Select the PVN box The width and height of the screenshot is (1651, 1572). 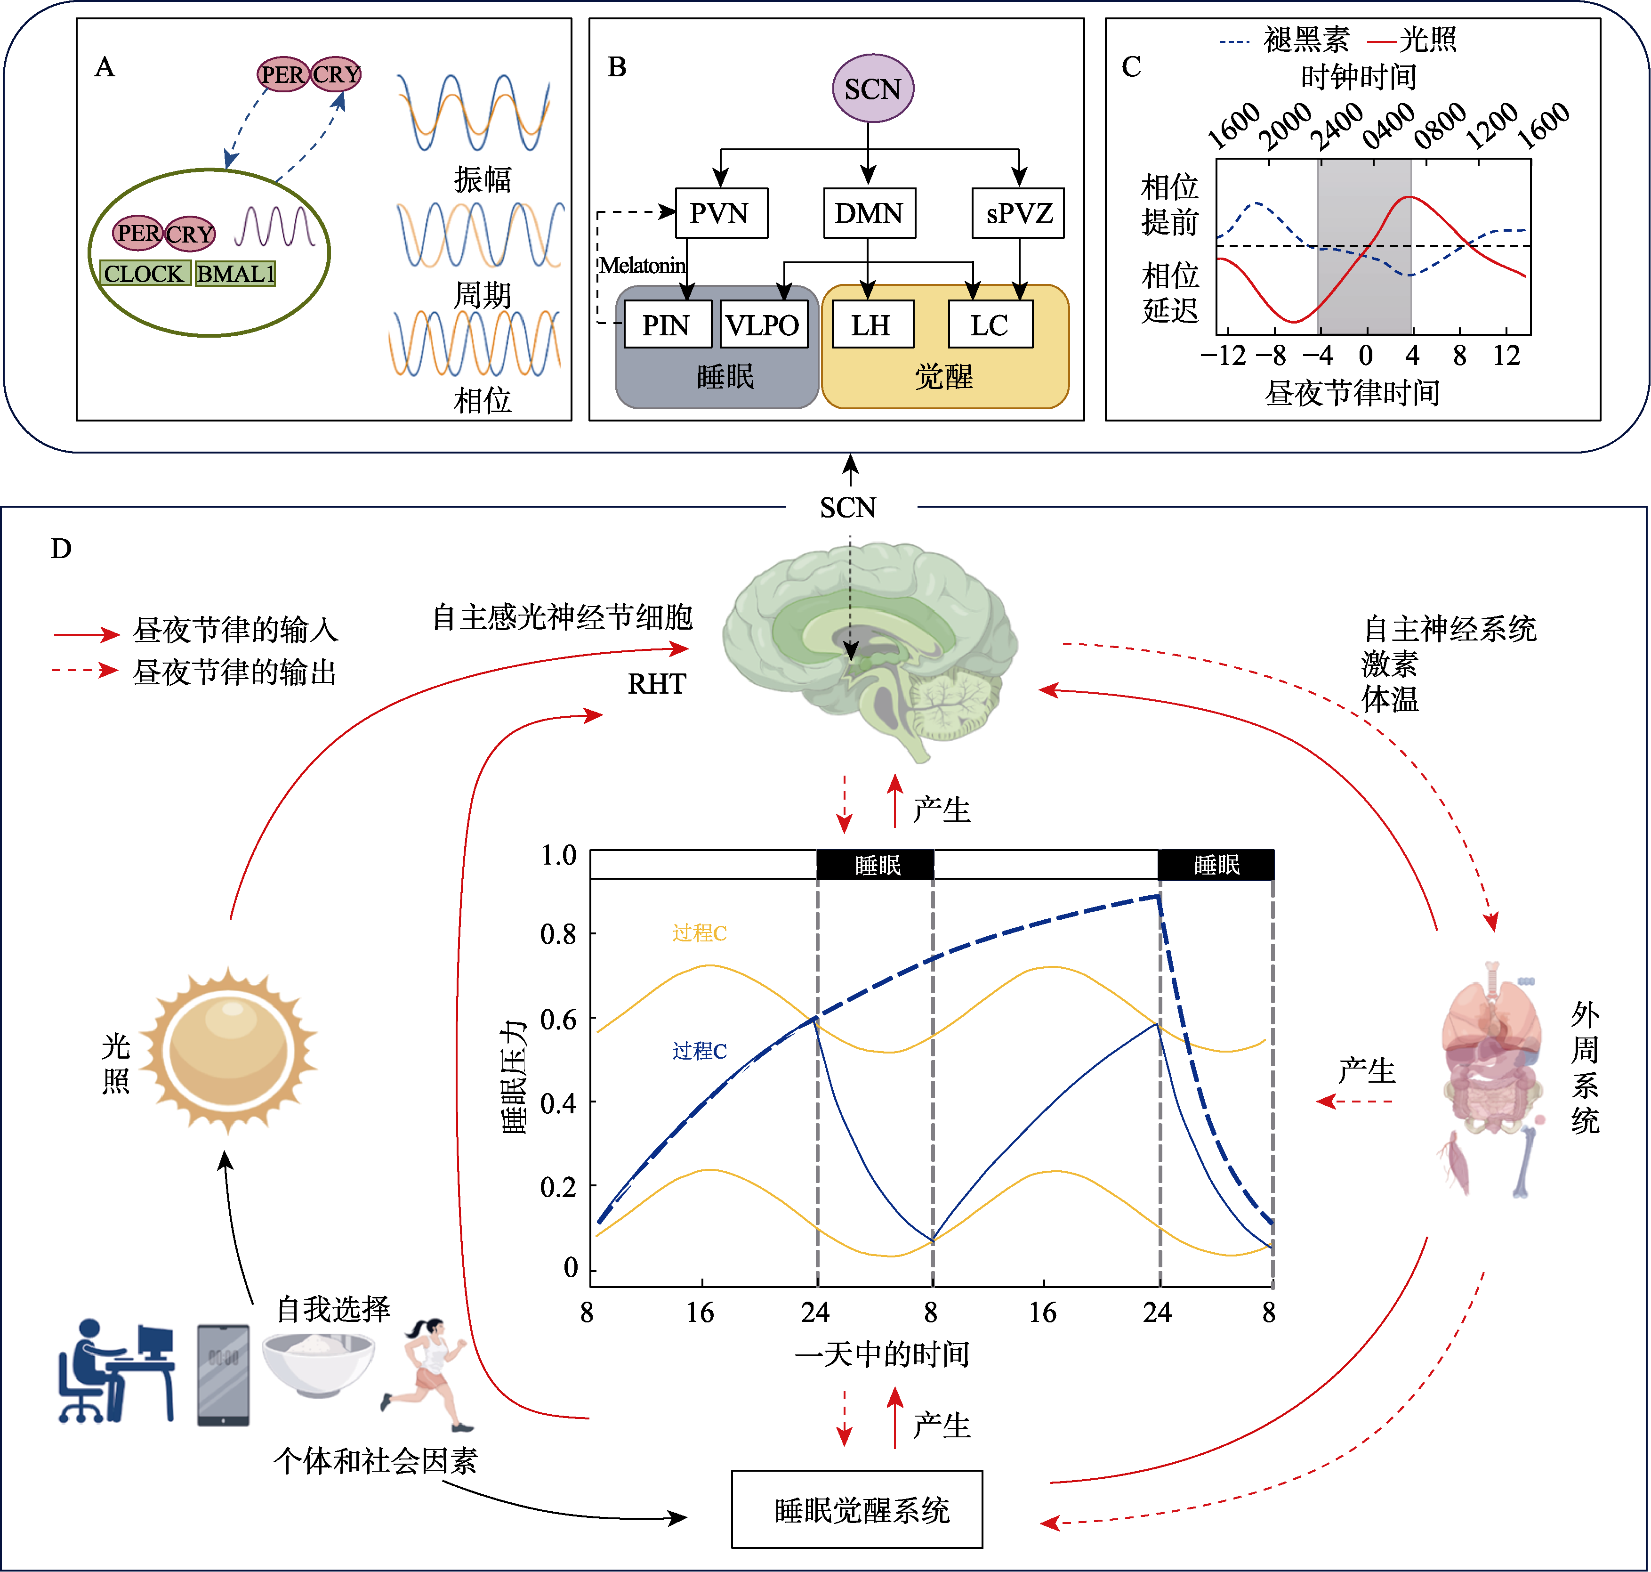[x=720, y=213]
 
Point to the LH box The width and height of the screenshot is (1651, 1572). [x=872, y=324]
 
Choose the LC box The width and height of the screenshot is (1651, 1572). [x=990, y=324]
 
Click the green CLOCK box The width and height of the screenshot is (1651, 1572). [x=144, y=273]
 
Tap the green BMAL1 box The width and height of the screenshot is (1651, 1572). [x=235, y=273]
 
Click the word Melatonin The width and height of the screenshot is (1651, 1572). [x=643, y=266]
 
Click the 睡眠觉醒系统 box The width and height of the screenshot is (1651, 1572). [x=857, y=1509]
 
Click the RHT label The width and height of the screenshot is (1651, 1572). [x=657, y=684]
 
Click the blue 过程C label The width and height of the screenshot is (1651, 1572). [x=700, y=1051]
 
